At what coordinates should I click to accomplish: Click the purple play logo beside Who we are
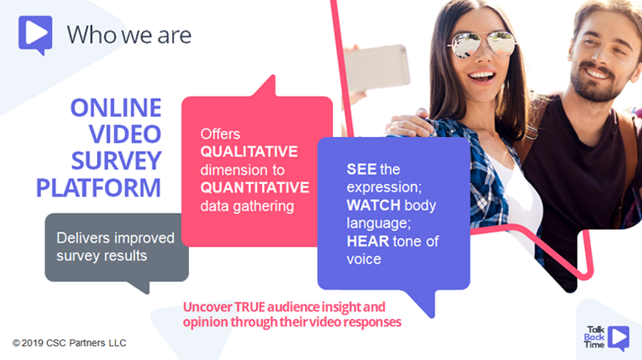(35, 35)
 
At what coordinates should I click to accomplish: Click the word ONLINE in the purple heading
(117, 107)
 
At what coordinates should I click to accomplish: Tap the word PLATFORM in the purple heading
(99, 188)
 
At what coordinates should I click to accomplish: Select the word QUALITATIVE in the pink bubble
(249, 151)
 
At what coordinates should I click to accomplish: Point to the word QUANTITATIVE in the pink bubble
(255, 188)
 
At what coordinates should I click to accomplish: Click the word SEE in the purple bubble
(362, 169)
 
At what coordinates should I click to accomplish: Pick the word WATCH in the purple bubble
(374, 205)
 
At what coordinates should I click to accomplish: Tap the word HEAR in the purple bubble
(368, 241)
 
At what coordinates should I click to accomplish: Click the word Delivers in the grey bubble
(83, 237)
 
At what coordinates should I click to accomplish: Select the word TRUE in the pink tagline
(249, 307)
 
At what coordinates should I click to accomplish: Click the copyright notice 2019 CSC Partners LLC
(69, 343)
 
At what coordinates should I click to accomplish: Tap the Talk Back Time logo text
(594, 337)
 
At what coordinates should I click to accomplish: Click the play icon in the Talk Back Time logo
(619, 337)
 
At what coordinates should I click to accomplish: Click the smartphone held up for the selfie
(375, 67)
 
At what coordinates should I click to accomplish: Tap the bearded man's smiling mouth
(597, 75)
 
